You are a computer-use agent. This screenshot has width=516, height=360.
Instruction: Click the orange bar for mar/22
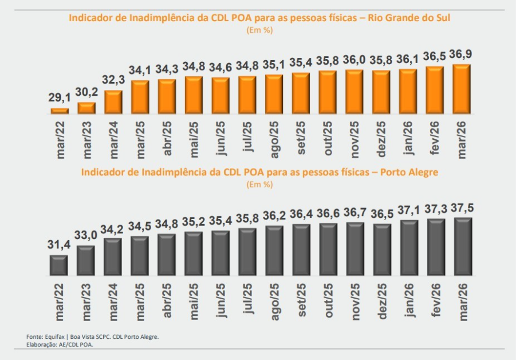pyautogui.click(x=60, y=111)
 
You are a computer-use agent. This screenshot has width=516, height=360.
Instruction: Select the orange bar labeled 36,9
pyautogui.click(x=462, y=89)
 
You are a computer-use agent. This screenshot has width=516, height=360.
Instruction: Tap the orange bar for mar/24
pyautogui.click(x=113, y=101)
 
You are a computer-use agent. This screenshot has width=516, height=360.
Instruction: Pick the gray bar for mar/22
pyautogui.click(x=60, y=265)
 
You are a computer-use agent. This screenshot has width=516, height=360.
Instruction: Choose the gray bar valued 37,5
pyautogui.click(x=462, y=246)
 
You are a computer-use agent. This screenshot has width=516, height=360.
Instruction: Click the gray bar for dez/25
pyautogui.click(x=381, y=249)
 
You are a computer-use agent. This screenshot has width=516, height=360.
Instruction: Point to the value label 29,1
pyautogui.click(x=60, y=99)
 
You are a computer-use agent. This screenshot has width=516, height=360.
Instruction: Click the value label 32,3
pyautogui.click(x=113, y=81)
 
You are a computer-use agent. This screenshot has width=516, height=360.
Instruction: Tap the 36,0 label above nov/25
pyautogui.click(x=354, y=60)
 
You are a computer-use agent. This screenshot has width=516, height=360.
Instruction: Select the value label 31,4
pyautogui.click(x=60, y=245)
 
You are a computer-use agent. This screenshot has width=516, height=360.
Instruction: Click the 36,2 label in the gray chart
pyautogui.click(x=274, y=216)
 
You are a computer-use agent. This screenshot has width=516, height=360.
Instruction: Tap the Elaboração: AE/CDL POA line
pyautogui.click(x=60, y=345)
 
